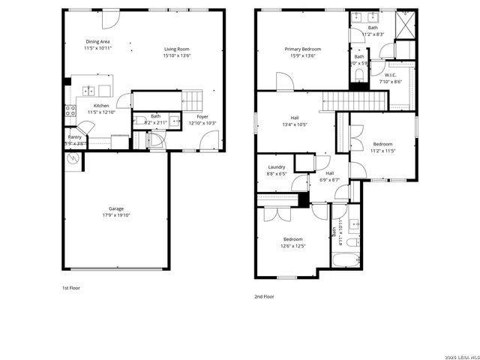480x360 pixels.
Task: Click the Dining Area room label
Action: (x=98, y=42)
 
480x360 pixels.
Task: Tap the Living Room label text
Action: (x=177, y=49)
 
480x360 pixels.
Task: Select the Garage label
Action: (x=115, y=208)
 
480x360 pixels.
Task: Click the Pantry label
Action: (x=75, y=137)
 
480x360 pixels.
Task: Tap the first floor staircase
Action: (x=193, y=99)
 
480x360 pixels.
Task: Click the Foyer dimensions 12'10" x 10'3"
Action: (x=202, y=123)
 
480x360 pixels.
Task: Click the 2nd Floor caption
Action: (x=264, y=296)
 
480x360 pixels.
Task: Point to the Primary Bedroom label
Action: (x=302, y=49)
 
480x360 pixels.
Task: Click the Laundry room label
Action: (x=276, y=167)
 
